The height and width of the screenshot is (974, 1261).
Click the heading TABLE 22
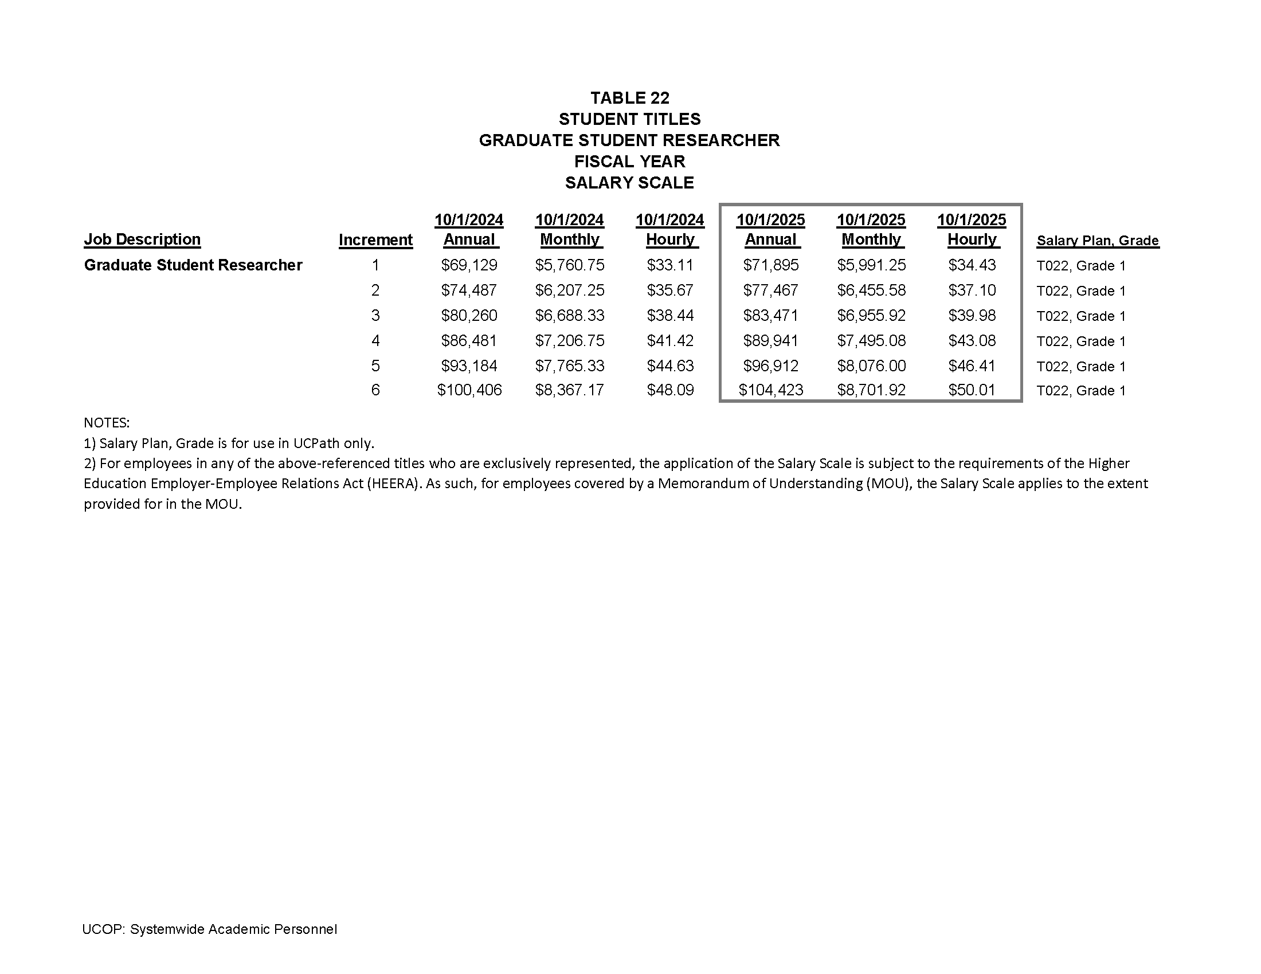629,97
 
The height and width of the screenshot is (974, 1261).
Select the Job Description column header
142,239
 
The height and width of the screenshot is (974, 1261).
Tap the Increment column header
375,240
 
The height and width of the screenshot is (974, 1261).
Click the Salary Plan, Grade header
1097,241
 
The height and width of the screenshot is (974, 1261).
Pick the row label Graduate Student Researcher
193,265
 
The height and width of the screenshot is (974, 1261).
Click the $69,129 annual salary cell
469,265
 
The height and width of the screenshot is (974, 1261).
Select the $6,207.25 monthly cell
569,290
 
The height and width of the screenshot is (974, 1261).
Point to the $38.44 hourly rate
669,316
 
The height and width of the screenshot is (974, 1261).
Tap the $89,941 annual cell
770,341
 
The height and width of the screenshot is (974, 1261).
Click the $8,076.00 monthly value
871,366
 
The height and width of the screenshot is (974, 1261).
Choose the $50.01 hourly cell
972,391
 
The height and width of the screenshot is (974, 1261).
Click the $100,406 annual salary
469,391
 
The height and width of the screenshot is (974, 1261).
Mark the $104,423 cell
770,391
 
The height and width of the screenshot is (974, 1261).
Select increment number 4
375,341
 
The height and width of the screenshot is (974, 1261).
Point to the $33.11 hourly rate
669,265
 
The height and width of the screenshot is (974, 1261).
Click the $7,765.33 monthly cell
569,366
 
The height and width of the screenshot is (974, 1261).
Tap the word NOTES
107,423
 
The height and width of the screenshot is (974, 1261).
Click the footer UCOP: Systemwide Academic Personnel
210,929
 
